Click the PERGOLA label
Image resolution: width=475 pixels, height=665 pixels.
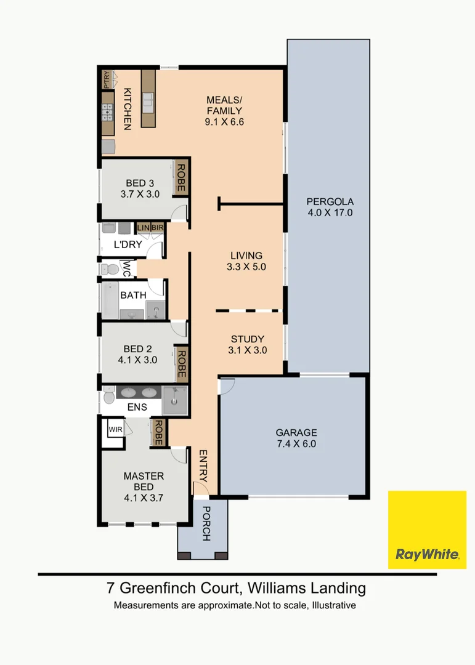pyautogui.click(x=330, y=201)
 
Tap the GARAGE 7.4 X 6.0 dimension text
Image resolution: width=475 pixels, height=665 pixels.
pyautogui.click(x=296, y=444)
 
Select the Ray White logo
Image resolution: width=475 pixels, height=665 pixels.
pyautogui.click(x=427, y=530)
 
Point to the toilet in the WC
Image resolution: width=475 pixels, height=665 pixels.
pyautogui.click(x=110, y=269)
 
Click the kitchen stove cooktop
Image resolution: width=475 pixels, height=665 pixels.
pyautogui.click(x=107, y=113)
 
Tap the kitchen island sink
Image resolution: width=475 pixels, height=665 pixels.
pyautogui.click(x=148, y=103)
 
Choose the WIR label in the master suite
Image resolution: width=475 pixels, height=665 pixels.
pyautogui.click(x=115, y=430)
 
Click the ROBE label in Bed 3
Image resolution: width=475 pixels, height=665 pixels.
pyautogui.click(x=181, y=178)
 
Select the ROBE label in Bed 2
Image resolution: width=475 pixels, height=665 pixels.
pyautogui.click(x=182, y=364)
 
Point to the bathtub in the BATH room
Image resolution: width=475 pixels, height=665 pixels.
pyautogui.click(x=110, y=300)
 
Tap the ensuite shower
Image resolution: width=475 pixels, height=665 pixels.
pyautogui.click(x=175, y=400)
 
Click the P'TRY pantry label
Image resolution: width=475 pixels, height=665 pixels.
pyautogui.click(x=106, y=79)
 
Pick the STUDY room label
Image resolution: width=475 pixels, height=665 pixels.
pyautogui.click(x=248, y=339)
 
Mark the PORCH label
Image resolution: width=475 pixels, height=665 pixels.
pyautogui.click(x=206, y=523)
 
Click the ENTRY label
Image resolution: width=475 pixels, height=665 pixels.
pyautogui.click(x=203, y=466)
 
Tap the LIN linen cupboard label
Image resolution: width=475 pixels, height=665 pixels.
pyautogui.click(x=143, y=228)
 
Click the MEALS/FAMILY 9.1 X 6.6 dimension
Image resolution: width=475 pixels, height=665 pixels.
pyautogui.click(x=224, y=122)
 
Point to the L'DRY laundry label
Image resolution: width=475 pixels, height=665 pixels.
pyautogui.click(x=128, y=244)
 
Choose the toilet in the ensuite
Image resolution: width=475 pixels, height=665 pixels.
pyautogui.click(x=109, y=395)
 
